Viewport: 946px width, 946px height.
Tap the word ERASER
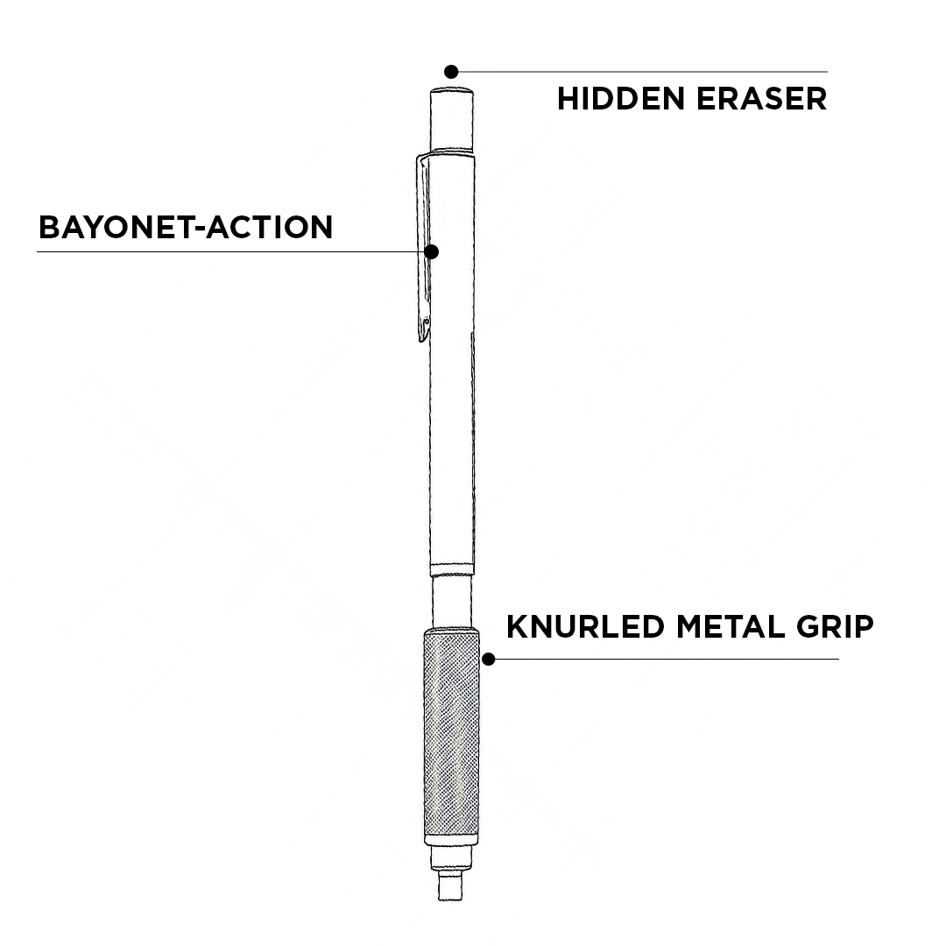(x=762, y=98)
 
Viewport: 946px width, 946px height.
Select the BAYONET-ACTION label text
(x=186, y=227)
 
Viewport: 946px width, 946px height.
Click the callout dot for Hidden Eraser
(x=451, y=71)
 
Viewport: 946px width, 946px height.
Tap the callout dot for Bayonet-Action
(x=431, y=251)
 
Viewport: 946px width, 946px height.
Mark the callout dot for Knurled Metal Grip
(x=489, y=659)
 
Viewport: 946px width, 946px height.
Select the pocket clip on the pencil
(x=424, y=245)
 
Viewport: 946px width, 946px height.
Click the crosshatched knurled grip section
(x=451, y=736)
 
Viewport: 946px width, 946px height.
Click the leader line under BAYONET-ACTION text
(x=219, y=252)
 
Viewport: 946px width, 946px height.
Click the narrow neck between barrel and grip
(x=452, y=602)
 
